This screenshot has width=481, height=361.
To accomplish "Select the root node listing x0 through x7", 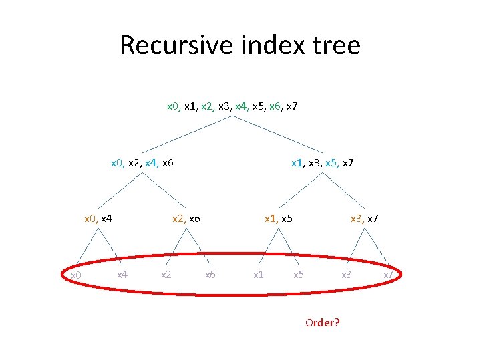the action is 232,106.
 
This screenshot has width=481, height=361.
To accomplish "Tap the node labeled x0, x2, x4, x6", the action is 142,162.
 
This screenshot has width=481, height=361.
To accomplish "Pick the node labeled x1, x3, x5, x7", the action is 322,162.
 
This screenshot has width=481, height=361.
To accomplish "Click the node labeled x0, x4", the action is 98,218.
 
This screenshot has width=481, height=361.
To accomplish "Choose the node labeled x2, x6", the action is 186,218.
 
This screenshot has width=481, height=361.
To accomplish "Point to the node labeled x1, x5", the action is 278,218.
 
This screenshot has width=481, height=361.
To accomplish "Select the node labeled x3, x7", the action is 365,218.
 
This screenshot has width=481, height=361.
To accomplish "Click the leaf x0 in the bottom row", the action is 75,275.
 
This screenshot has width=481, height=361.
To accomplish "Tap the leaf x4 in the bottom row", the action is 122,274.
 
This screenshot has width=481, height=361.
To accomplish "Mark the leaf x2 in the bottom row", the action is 166,274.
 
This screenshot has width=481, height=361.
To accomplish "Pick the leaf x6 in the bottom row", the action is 210,274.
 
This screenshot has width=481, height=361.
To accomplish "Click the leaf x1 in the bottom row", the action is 257,274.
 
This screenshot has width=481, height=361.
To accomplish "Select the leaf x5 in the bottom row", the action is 299,274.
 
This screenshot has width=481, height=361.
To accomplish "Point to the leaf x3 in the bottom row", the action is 346,274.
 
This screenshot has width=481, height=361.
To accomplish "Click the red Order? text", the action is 322,322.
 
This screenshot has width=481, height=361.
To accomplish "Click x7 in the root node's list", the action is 291,106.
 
